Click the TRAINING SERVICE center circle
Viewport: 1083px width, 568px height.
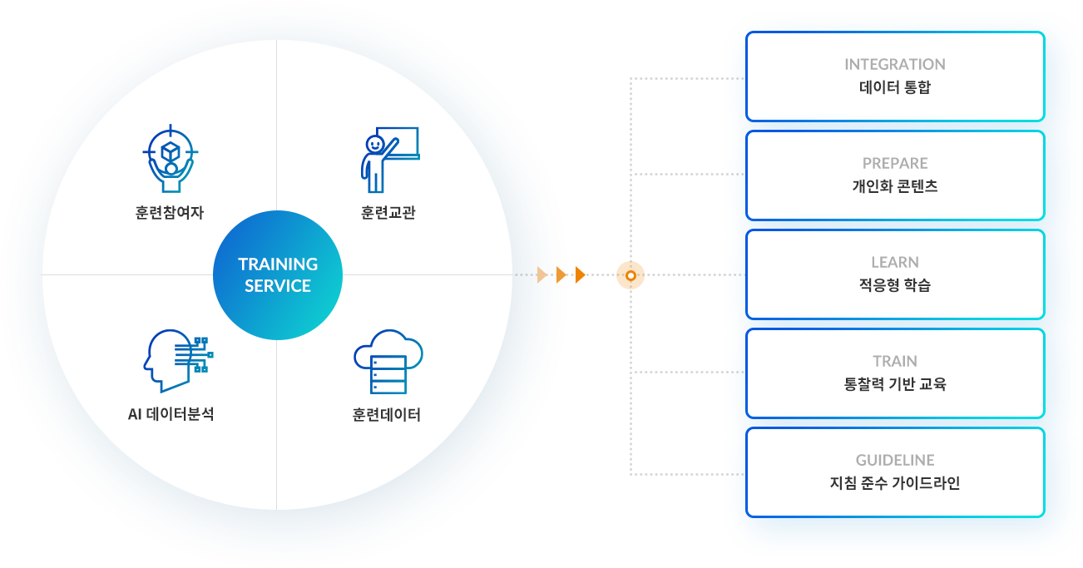click(x=278, y=275)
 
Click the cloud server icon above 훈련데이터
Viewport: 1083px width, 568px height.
click(x=388, y=362)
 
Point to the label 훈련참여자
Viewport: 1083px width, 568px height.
click(x=170, y=213)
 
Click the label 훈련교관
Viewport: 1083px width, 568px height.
click(x=388, y=213)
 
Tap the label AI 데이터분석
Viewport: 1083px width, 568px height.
click(x=171, y=414)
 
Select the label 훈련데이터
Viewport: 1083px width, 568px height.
click(x=387, y=414)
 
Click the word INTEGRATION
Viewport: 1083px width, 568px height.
click(x=895, y=64)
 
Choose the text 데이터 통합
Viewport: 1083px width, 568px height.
click(x=895, y=87)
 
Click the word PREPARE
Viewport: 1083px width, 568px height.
click(x=895, y=163)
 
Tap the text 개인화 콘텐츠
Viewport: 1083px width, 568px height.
click(x=895, y=186)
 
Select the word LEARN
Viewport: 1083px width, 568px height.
click(x=895, y=262)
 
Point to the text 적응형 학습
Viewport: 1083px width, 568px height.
click(x=895, y=285)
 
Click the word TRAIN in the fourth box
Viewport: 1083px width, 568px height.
click(x=895, y=361)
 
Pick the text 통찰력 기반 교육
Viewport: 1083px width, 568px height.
click(x=895, y=384)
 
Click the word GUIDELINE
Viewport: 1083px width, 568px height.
click(x=895, y=460)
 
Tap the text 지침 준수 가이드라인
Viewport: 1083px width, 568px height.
click(x=895, y=483)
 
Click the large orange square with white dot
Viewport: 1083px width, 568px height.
click(x=631, y=275)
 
